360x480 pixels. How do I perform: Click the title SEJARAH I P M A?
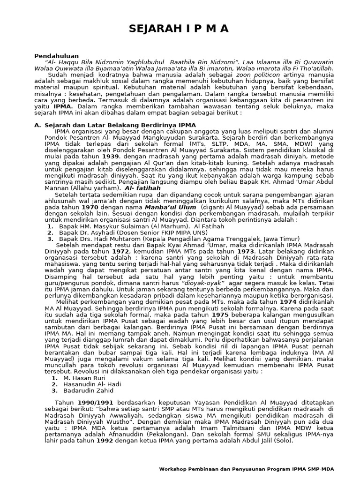click(x=180, y=29)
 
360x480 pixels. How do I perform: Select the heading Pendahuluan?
click(x=57, y=56)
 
